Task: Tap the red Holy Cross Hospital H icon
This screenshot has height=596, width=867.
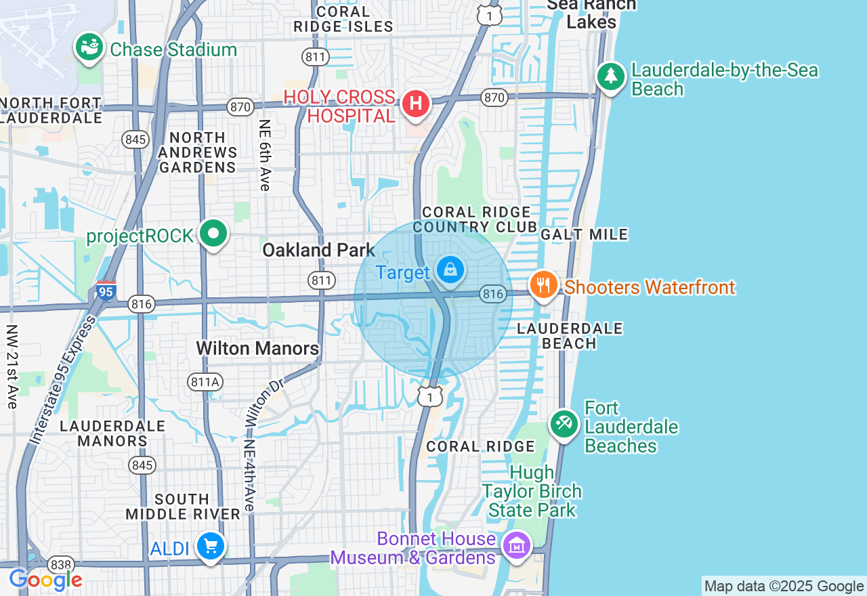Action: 416,104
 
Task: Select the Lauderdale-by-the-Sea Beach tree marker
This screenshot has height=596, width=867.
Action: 611,77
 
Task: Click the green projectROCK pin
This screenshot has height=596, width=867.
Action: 214,234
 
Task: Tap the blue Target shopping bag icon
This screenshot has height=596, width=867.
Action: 450,270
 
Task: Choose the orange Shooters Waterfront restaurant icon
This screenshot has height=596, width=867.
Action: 543,285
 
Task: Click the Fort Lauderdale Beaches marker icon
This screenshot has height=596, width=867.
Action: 564,424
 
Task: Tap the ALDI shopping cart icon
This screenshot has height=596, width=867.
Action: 210,545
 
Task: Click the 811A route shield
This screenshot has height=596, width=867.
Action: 205,383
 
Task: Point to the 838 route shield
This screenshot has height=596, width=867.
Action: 59,564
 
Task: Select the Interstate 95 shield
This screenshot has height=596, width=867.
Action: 106,291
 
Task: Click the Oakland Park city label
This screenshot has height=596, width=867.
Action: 318,250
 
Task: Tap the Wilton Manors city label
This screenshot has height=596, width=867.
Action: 257,348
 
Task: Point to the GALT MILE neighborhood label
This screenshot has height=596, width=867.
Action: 585,234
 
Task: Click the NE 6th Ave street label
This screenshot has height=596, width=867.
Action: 265,155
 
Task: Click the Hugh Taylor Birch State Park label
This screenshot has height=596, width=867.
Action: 532,491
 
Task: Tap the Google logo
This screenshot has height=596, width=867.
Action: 45,580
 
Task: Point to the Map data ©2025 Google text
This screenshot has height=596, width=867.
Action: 784,587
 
